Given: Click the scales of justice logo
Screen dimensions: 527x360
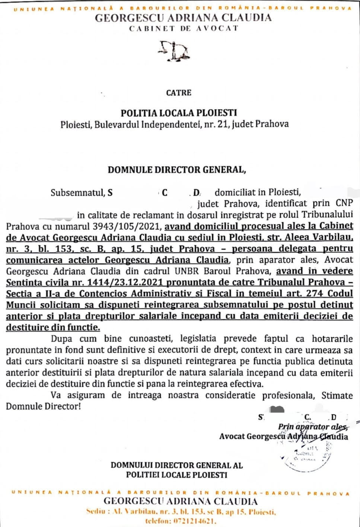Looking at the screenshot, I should click(175, 51).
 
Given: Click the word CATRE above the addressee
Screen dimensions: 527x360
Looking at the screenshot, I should click(179, 93).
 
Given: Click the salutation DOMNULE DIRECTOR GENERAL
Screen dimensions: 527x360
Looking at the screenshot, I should click(177, 170).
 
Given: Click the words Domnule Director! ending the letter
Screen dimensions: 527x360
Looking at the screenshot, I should click(43, 406).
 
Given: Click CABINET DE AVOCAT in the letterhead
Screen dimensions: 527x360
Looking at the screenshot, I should click(183, 29).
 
